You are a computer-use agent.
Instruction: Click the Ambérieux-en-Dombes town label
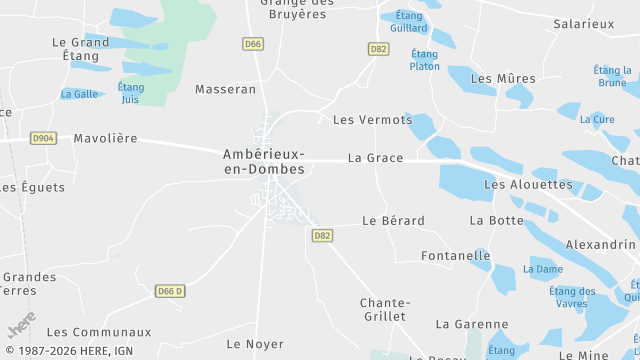click(x=264, y=161)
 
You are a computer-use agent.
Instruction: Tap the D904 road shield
click(x=43, y=138)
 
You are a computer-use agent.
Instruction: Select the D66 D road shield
click(x=170, y=291)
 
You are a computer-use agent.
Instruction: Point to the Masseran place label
click(x=225, y=89)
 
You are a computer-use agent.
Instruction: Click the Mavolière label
click(x=105, y=138)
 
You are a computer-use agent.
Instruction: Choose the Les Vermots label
click(x=372, y=120)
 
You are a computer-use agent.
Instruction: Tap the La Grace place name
click(x=375, y=158)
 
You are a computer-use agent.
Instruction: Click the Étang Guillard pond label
click(x=410, y=22)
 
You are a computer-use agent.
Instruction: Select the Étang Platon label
click(x=424, y=60)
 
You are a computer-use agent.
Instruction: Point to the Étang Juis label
click(x=130, y=93)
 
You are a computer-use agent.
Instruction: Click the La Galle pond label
click(x=79, y=94)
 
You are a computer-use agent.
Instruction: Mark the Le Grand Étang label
click(x=81, y=50)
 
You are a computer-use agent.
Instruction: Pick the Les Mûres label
click(x=502, y=79)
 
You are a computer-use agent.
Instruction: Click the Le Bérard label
click(x=393, y=220)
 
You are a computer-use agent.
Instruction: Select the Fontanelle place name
click(x=455, y=256)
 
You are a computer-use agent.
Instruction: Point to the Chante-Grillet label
click(x=384, y=309)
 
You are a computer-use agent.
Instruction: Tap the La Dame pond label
click(x=543, y=269)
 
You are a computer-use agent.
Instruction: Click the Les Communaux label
click(x=99, y=332)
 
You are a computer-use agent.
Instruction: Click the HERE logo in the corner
click(x=21, y=324)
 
